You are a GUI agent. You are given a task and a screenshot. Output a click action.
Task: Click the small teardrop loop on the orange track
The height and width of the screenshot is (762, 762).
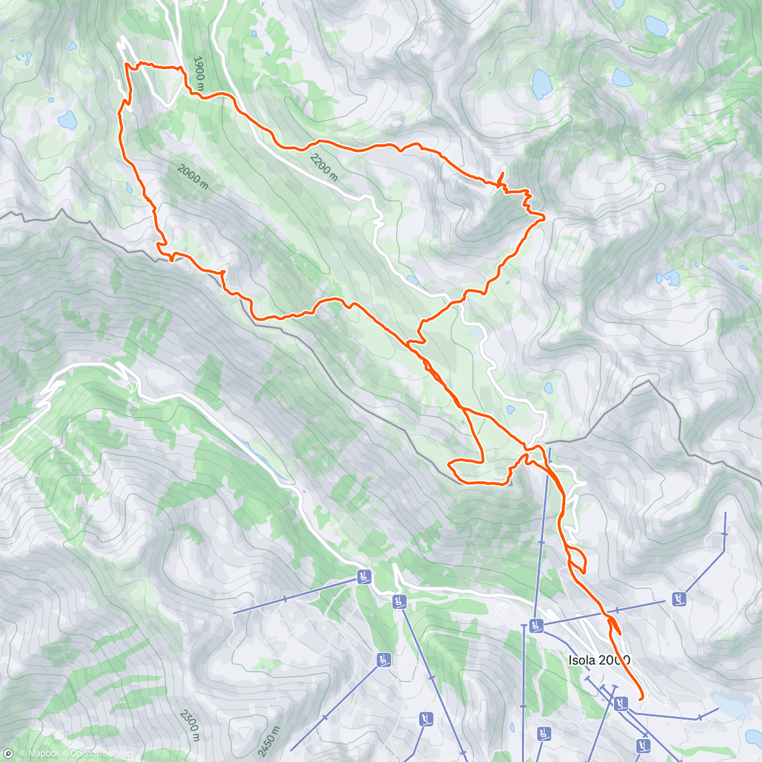coord(578,563)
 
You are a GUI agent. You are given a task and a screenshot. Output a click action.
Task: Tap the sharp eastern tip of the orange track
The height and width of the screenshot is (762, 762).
coord(544,218)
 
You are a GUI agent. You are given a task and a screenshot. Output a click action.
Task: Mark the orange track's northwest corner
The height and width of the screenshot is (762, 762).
coord(126,64)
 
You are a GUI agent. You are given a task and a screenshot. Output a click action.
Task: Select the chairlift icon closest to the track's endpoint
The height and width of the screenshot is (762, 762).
coord(621,702)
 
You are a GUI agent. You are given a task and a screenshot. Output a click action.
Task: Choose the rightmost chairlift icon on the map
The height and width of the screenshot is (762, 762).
coord(679,598)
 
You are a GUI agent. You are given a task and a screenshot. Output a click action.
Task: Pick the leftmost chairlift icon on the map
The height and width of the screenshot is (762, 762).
coord(363,577)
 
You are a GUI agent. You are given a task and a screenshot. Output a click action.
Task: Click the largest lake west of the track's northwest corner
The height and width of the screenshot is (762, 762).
coord(67,119)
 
